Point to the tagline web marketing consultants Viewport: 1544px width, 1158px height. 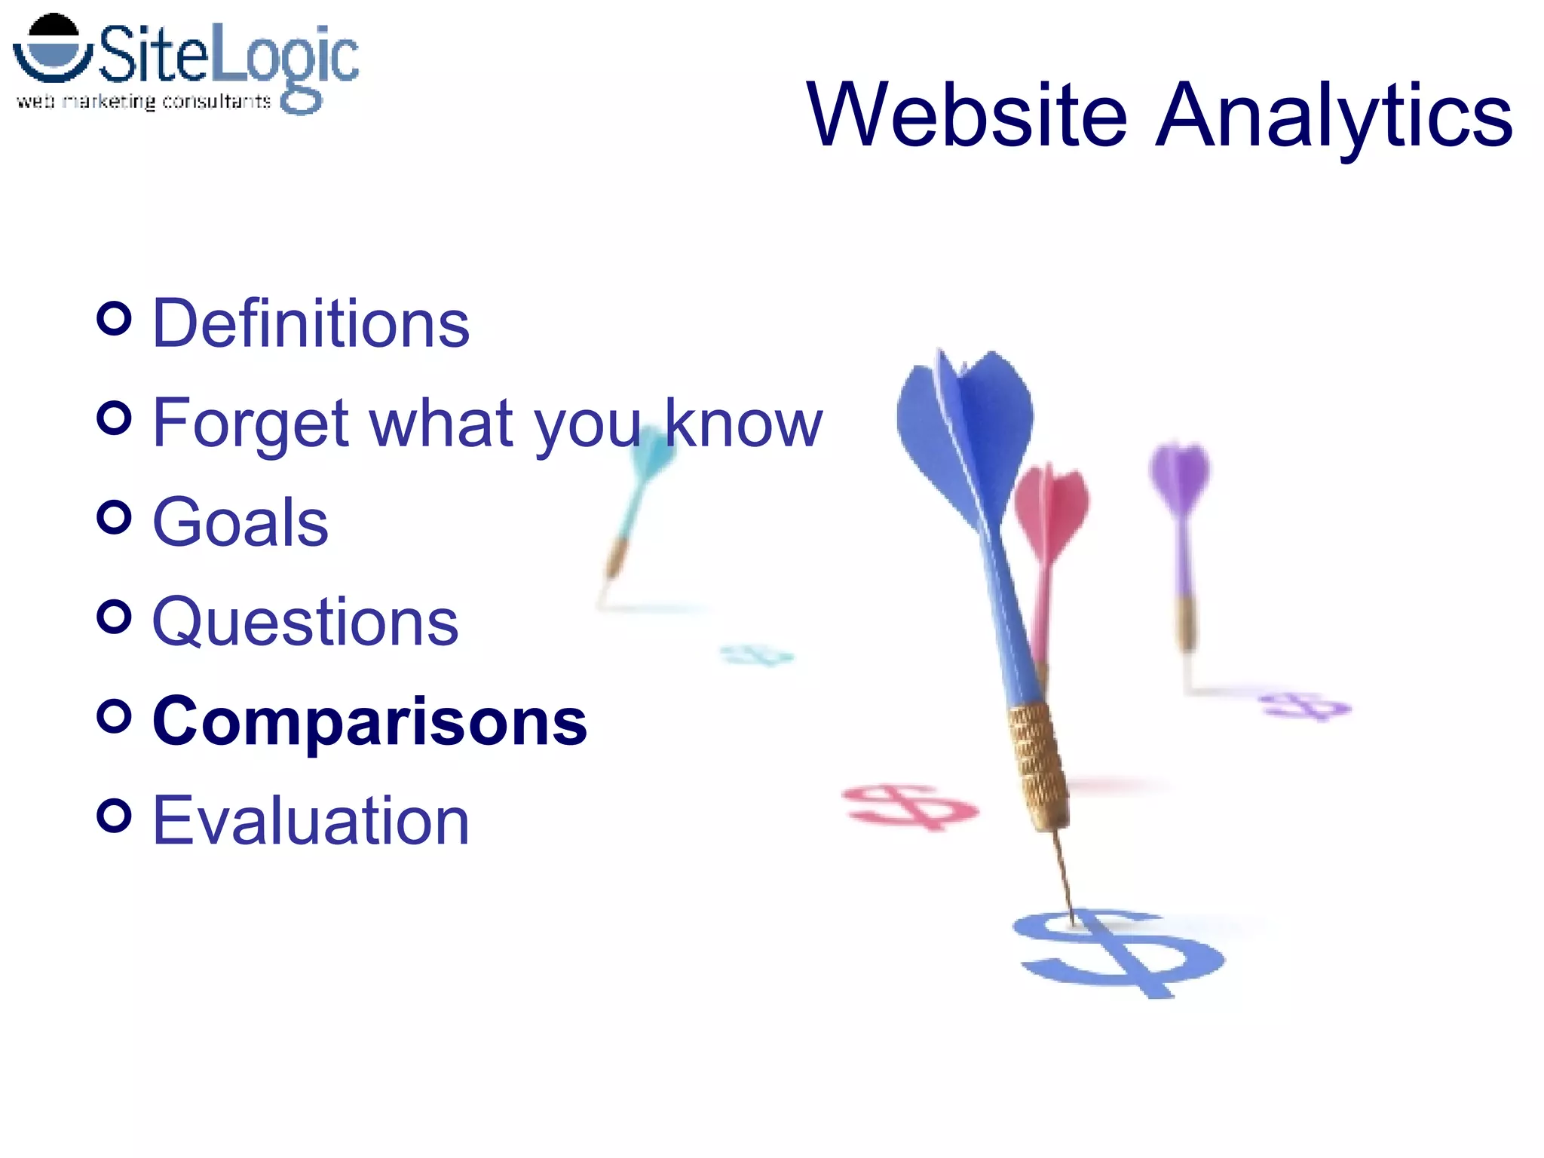click(x=143, y=102)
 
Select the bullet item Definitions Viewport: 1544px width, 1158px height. click(x=311, y=323)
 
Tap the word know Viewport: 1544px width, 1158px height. click(x=743, y=424)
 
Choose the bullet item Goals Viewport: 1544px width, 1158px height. click(x=240, y=522)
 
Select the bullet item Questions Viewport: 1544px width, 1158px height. click(x=305, y=622)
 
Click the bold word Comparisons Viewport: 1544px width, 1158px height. click(x=369, y=721)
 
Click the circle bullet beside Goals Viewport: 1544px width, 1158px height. click(x=115, y=517)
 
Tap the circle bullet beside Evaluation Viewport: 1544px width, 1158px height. click(x=115, y=815)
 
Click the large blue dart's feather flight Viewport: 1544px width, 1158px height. click(x=965, y=430)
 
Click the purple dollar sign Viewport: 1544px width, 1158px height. click(x=1304, y=706)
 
